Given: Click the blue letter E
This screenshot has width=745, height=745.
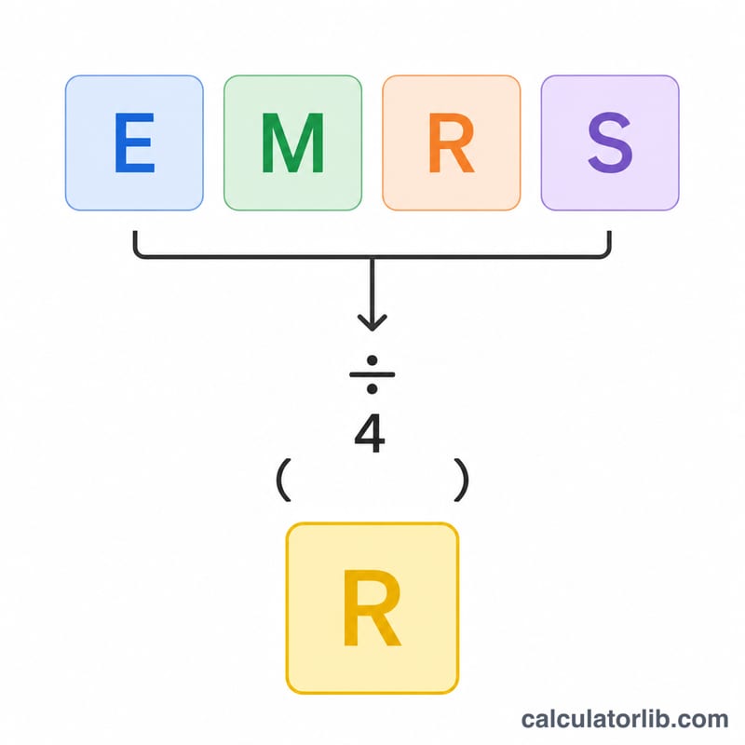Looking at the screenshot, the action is (135, 142).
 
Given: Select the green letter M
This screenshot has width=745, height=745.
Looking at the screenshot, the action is (293, 142).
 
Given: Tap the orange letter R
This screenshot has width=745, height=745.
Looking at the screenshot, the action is (452, 142).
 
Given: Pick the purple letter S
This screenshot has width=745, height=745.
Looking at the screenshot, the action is (610, 142).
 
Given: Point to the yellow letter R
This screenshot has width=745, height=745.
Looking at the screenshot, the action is (372, 608).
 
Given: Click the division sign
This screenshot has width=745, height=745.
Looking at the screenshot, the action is (372, 374).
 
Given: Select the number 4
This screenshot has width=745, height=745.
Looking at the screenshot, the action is (370, 433).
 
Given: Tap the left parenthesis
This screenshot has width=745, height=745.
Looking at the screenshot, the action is (283, 480).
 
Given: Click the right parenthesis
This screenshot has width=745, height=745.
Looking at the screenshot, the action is (461, 480).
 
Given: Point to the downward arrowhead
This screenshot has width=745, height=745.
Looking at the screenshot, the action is (372, 323).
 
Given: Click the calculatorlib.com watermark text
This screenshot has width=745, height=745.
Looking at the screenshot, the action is (625, 719).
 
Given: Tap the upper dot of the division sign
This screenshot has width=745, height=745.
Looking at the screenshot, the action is (372, 360).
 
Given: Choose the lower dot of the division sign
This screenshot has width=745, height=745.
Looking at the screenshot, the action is (372, 388).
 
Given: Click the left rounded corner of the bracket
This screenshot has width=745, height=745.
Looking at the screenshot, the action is (138, 254).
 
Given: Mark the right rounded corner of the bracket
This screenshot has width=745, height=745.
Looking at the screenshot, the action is (606, 254).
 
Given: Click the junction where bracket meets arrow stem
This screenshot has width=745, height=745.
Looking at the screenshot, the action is (372, 257).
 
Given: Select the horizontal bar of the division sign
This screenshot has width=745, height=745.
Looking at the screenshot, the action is (372, 374).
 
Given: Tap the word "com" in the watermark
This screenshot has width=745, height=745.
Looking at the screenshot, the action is (705, 721).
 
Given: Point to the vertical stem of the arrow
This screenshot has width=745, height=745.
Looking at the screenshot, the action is (372, 293).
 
